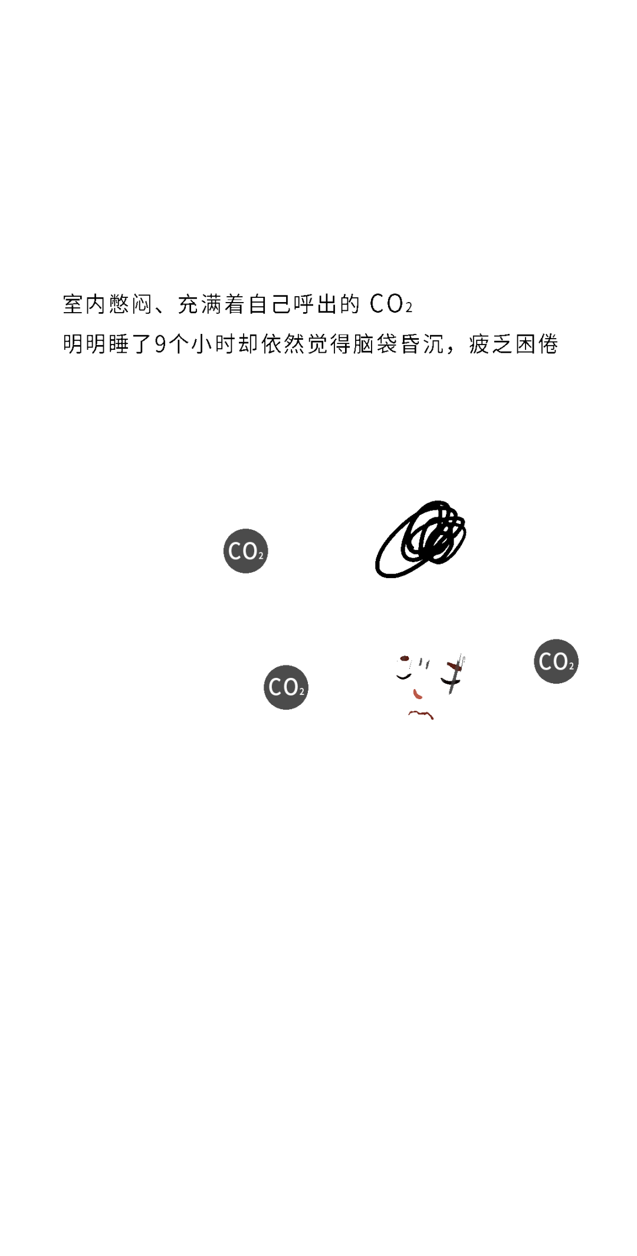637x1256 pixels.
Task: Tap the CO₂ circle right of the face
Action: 556,661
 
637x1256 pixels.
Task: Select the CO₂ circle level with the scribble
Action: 246,551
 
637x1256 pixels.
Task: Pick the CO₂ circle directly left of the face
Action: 286,687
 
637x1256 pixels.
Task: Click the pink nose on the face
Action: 418,694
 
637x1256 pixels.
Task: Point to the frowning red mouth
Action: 421,714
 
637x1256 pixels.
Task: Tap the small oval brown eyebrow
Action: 405,658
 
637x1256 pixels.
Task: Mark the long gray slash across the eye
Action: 455,674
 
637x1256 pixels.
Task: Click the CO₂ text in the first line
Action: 391,304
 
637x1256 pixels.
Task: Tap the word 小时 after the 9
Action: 213,344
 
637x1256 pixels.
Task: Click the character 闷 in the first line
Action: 142,304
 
